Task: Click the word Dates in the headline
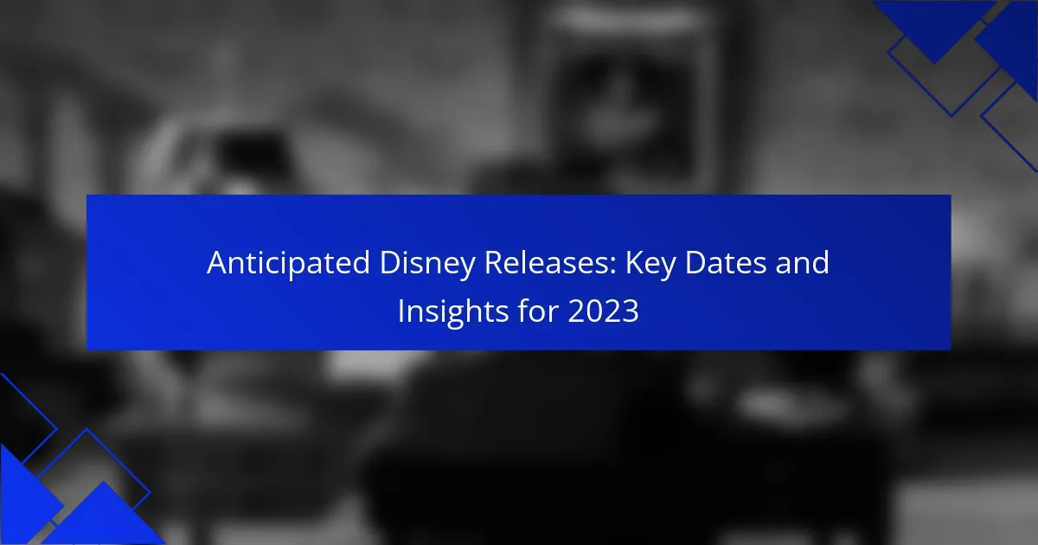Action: pyautogui.click(x=725, y=263)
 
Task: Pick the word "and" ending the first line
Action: pyautogui.click(x=802, y=263)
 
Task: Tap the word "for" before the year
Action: pyautogui.click(x=537, y=311)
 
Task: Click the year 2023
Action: pyautogui.click(x=604, y=311)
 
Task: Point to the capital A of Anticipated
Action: pyautogui.click(x=217, y=263)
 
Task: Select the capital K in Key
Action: pyautogui.click(x=635, y=263)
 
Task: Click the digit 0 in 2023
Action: pyautogui.click(x=594, y=311)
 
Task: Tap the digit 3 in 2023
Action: pyautogui.click(x=631, y=311)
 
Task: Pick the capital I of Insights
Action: pyautogui.click(x=400, y=311)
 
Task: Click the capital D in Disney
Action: pyautogui.click(x=390, y=263)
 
